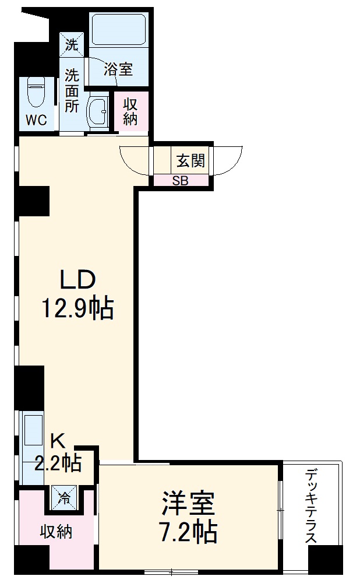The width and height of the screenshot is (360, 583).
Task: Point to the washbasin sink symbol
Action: pyautogui.click(x=97, y=110)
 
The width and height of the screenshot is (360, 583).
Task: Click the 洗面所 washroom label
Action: pyautogui.click(x=72, y=90)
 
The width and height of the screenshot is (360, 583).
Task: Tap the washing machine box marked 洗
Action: pyautogui.click(x=72, y=43)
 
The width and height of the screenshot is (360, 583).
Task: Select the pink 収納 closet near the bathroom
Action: pyautogui.click(x=130, y=111)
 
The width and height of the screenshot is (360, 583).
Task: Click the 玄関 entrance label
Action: pyautogui.click(x=190, y=160)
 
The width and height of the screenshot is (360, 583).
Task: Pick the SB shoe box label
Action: pyautogui.click(x=180, y=180)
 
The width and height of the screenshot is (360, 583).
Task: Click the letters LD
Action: pyautogui.click(x=77, y=280)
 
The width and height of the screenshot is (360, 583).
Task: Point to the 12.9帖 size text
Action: pyautogui.click(x=76, y=308)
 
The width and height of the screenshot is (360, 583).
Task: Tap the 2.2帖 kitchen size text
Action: pyautogui.click(x=58, y=463)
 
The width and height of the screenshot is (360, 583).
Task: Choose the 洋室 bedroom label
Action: pyautogui.click(x=188, y=503)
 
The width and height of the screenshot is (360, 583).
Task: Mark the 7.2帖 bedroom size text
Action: pyautogui.click(x=188, y=531)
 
